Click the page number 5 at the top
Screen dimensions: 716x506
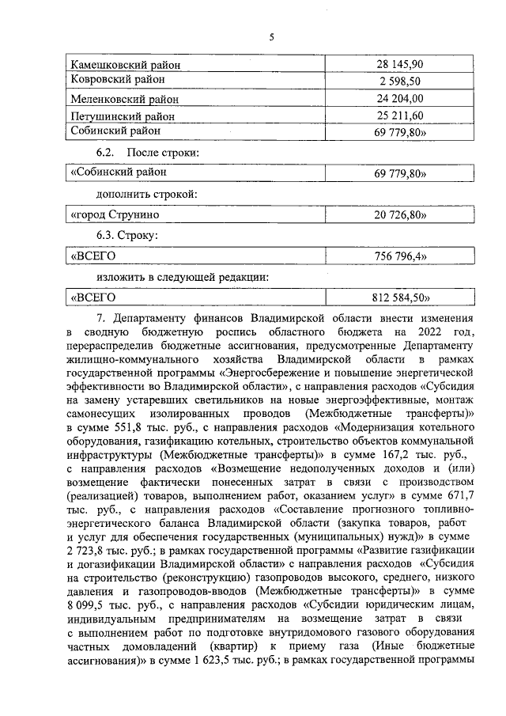[270, 37]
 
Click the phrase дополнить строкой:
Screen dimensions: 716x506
[147, 193]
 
